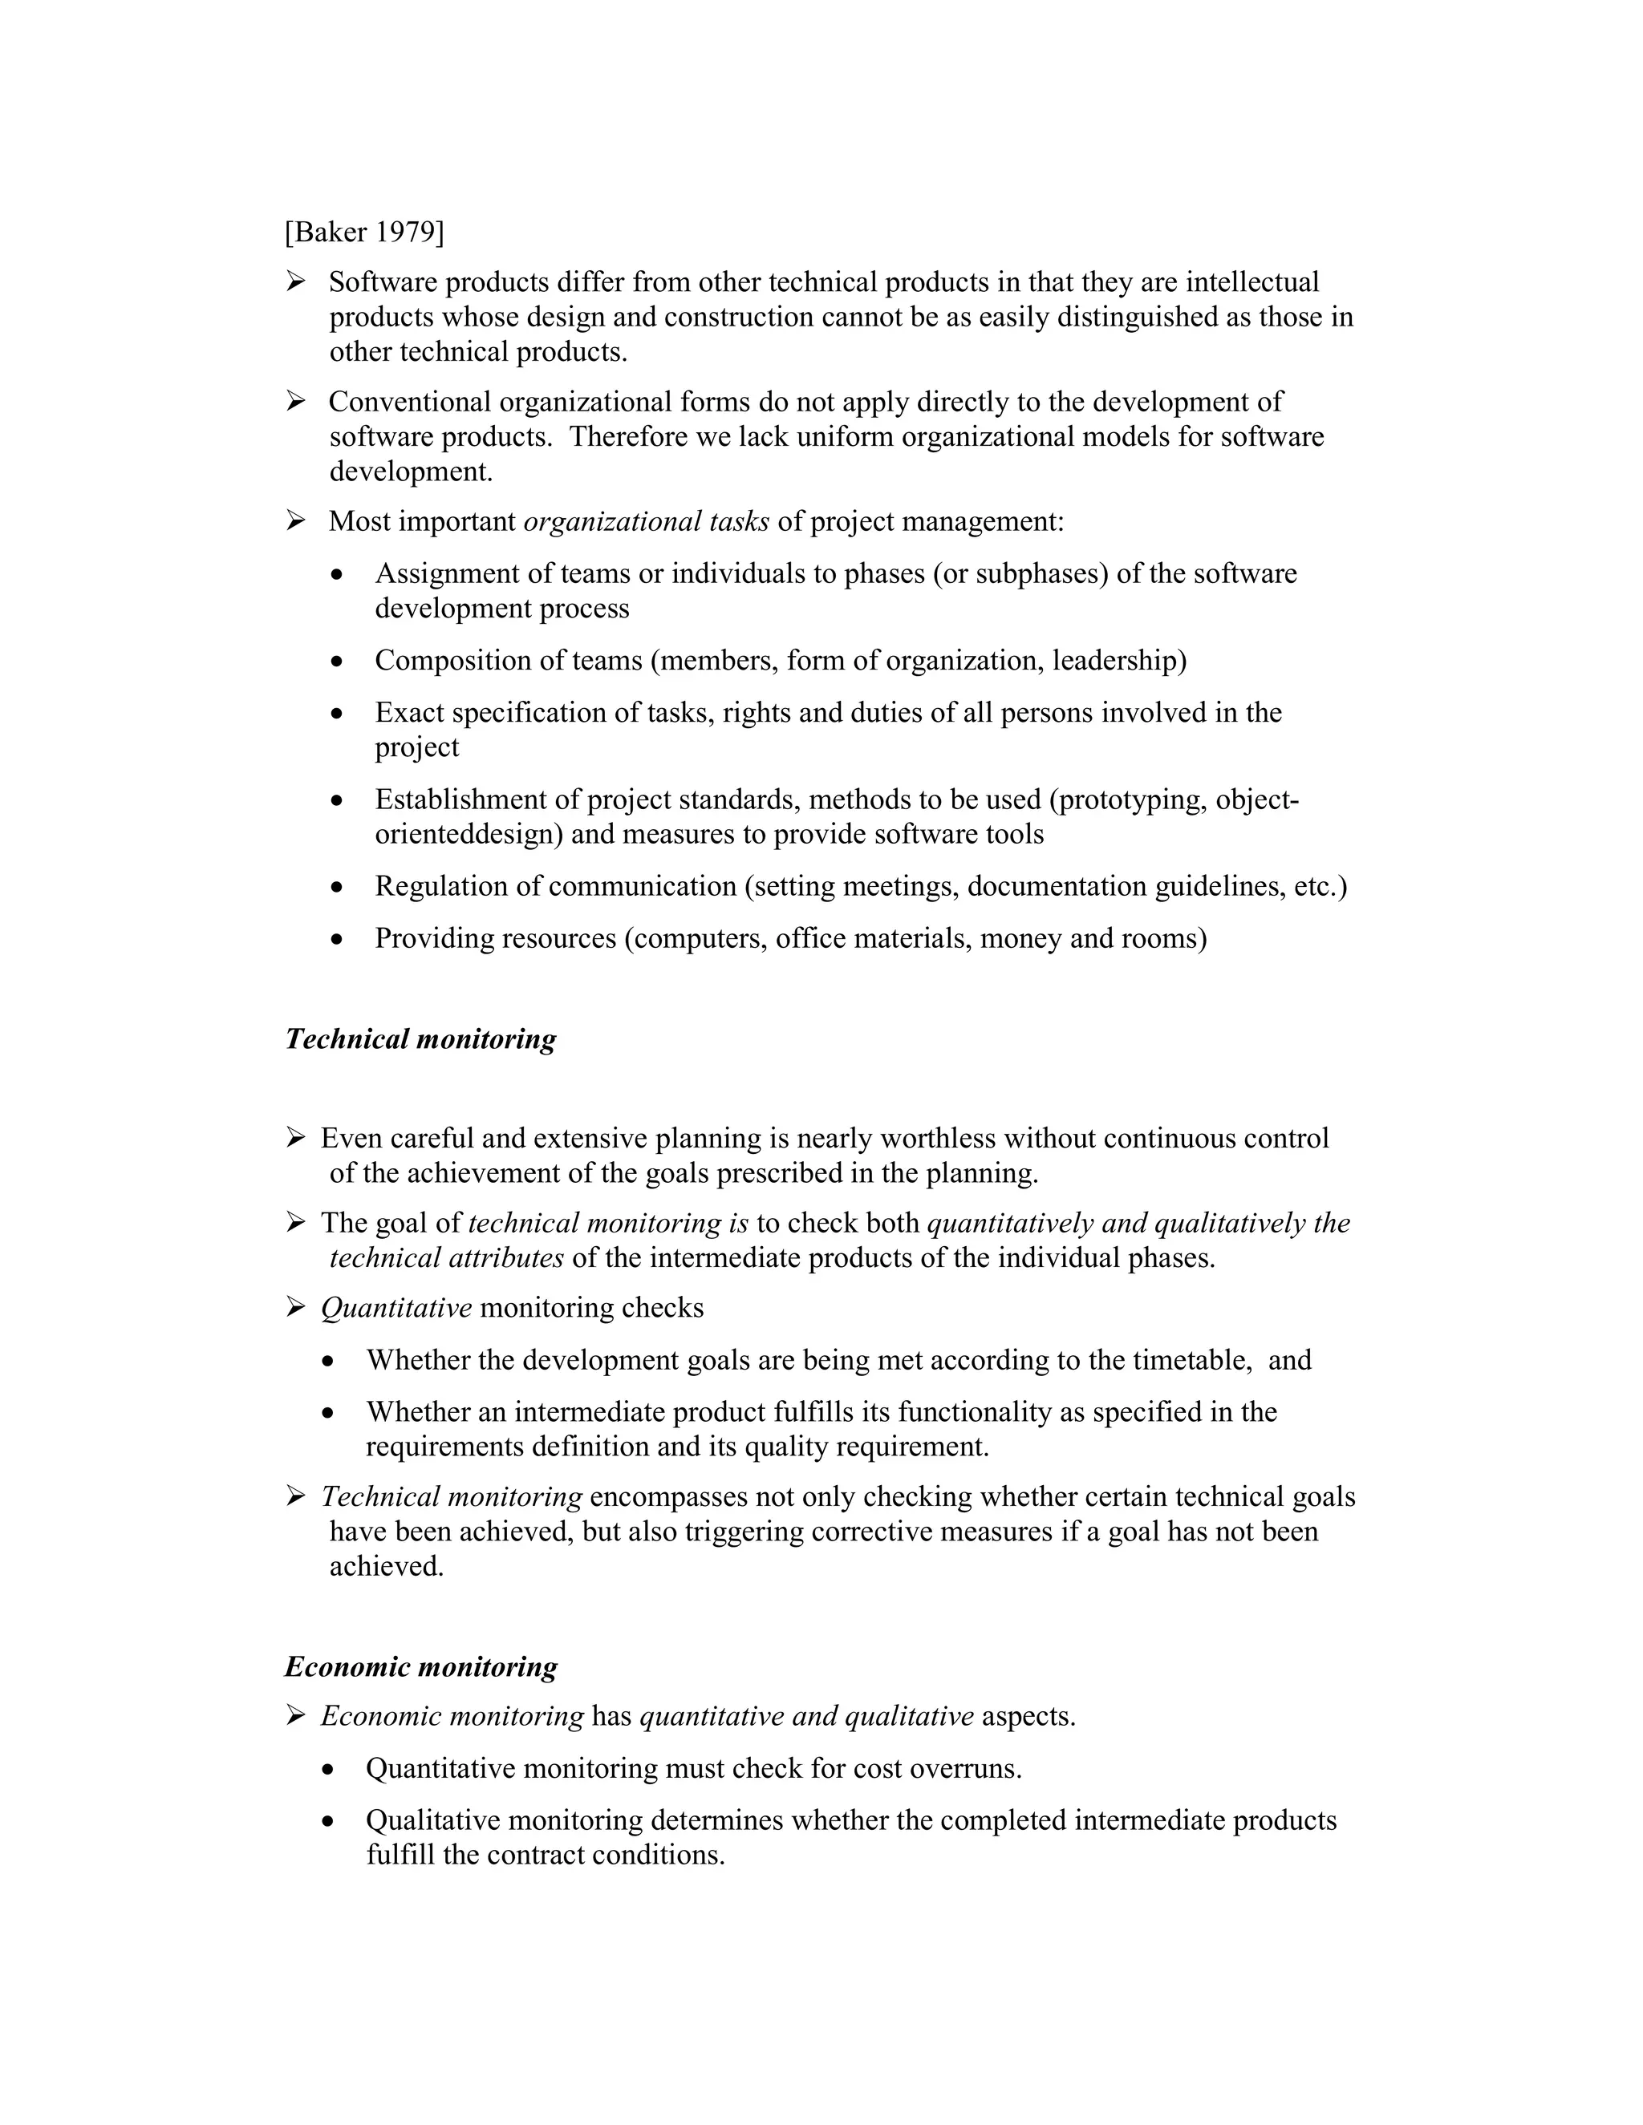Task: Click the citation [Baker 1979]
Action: point(364,232)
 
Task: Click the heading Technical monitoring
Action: point(420,1039)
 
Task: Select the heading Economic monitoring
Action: point(420,1667)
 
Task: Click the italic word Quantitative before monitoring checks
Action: point(396,1308)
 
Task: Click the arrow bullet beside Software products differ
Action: point(296,282)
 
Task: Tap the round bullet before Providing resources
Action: point(337,940)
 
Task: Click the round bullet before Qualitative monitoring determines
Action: point(329,1821)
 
